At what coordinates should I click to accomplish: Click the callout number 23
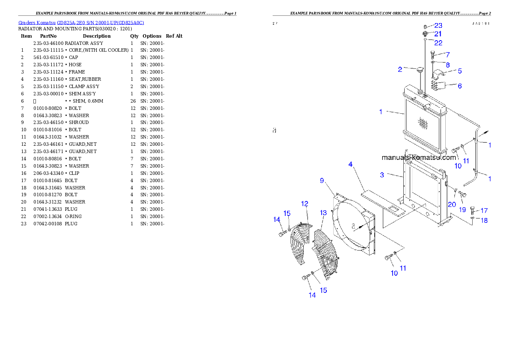[438, 26]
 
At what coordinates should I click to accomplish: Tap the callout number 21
[438, 34]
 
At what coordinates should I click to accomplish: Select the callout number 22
[438, 43]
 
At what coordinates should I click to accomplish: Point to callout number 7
[447, 55]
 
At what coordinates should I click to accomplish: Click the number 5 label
[460, 71]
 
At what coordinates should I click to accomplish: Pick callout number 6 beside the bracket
[460, 86]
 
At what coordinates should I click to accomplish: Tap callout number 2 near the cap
[400, 69]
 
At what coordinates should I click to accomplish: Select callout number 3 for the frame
[382, 175]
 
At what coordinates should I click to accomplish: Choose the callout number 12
[305, 204]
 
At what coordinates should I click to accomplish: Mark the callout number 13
[323, 212]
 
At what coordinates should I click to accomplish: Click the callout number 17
[484, 211]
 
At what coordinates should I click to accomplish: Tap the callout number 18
[484, 221]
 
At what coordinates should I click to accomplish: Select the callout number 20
[452, 204]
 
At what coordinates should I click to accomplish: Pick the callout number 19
[462, 210]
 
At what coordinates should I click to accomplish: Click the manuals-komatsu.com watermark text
[418, 157]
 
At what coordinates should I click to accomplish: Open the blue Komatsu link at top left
[81, 23]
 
